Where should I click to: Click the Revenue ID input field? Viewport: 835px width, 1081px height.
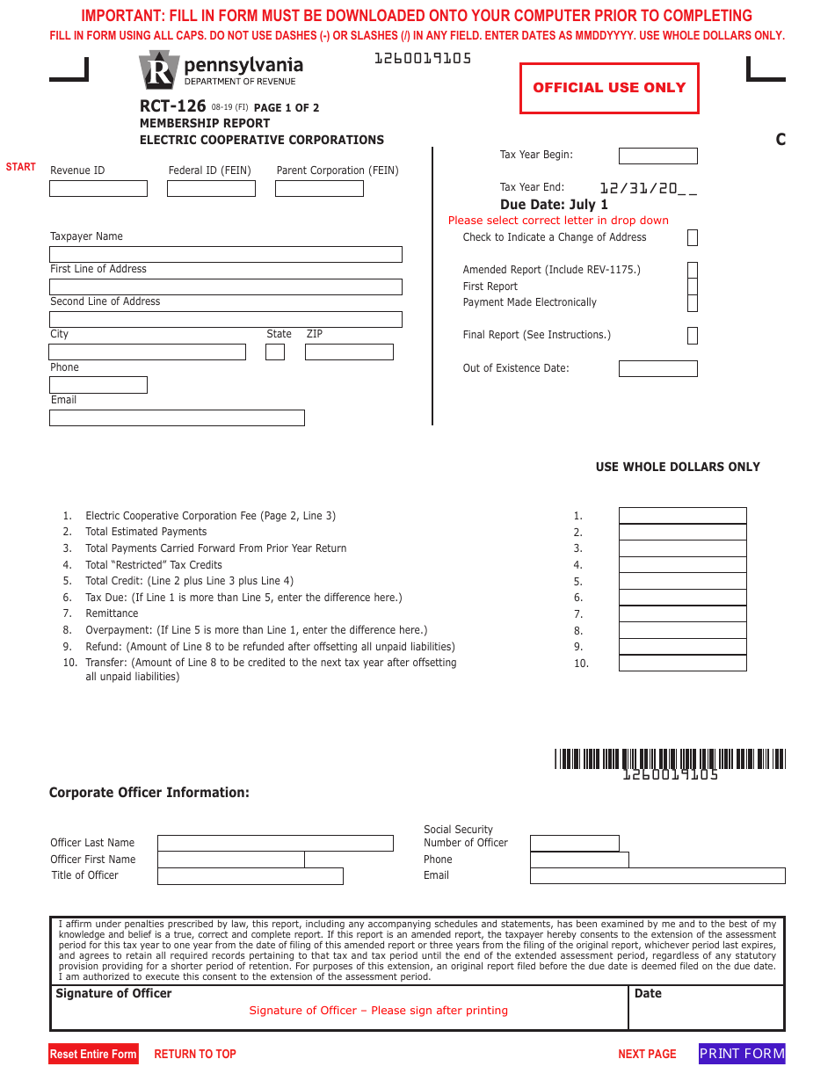pos(98,188)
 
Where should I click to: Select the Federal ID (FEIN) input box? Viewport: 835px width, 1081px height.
pos(212,188)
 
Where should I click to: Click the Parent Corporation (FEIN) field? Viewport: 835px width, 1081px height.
pos(319,188)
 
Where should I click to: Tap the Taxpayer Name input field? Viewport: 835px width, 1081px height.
pos(226,254)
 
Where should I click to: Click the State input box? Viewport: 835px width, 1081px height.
pos(275,352)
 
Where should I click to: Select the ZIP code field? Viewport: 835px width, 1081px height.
pos(349,352)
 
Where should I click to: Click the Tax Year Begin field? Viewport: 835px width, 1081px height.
pos(657,156)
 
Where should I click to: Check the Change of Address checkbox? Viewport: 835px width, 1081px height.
pos(693,237)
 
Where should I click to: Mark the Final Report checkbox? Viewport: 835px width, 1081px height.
pos(693,335)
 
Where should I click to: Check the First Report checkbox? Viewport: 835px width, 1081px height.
pos(693,287)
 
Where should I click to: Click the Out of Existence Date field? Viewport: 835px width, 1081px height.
pos(657,368)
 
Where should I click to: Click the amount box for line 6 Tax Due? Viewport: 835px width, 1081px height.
pos(682,598)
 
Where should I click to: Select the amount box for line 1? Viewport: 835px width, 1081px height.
pos(682,516)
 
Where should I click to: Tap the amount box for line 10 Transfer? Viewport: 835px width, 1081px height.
pos(682,664)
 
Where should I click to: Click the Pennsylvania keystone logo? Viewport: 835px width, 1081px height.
pos(159,70)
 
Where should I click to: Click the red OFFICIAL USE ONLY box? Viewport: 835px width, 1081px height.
pos(609,88)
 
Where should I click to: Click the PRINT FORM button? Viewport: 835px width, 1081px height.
pos(742,1054)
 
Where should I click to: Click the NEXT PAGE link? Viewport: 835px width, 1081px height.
pos(647,1054)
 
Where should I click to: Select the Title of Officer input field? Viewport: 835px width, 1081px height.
pos(250,876)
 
